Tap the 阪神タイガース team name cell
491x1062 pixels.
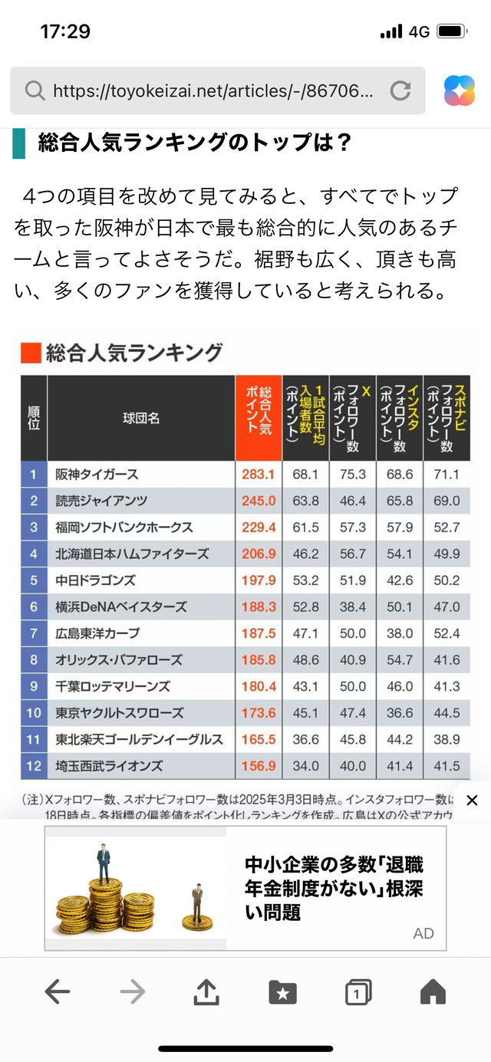pyautogui.click(x=97, y=475)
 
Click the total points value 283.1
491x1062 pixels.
pyautogui.click(x=258, y=475)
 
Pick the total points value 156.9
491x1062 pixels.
pyautogui.click(x=258, y=766)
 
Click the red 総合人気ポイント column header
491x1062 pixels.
pyautogui.click(x=259, y=418)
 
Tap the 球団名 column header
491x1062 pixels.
pyautogui.click(x=141, y=418)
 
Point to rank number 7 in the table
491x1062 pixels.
pyautogui.click(x=34, y=633)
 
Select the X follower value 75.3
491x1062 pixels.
pyautogui.click(x=352, y=475)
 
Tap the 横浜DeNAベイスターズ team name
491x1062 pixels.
pyautogui.click(x=121, y=607)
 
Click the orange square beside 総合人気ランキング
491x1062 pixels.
pyautogui.click(x=31, y=353)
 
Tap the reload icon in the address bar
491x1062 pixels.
pyautogui.click(x=400, y=91)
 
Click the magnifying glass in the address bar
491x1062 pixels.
pyautogui.click(x=35, y=91)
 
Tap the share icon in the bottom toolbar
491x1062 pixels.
pyautogui.click(x=206, y=992)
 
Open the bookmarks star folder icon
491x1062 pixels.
pyautogui.click(x=282, y=992)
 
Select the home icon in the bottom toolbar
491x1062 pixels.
pyautogui.click(x=433, y=992)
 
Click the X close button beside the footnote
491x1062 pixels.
pyautogui.click(x=472, y=801)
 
